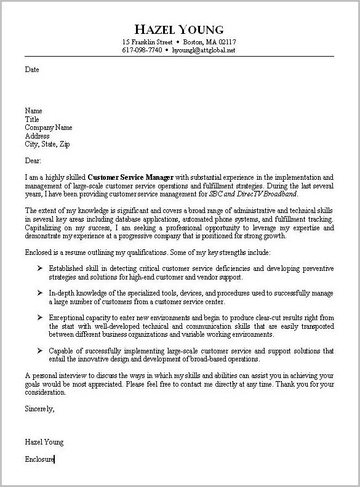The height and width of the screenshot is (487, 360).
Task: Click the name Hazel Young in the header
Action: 179,29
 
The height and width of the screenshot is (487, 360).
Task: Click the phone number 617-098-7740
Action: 142,50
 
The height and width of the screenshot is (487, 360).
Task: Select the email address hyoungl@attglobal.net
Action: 204,50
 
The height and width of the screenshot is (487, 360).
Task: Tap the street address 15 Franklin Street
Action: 146,42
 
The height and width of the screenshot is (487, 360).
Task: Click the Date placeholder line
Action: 32,70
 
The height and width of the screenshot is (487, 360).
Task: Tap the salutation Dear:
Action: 33,160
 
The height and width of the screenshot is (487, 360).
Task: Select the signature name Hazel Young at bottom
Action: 44,441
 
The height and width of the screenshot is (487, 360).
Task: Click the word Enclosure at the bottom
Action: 39,459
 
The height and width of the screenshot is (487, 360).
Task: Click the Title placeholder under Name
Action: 32,119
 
